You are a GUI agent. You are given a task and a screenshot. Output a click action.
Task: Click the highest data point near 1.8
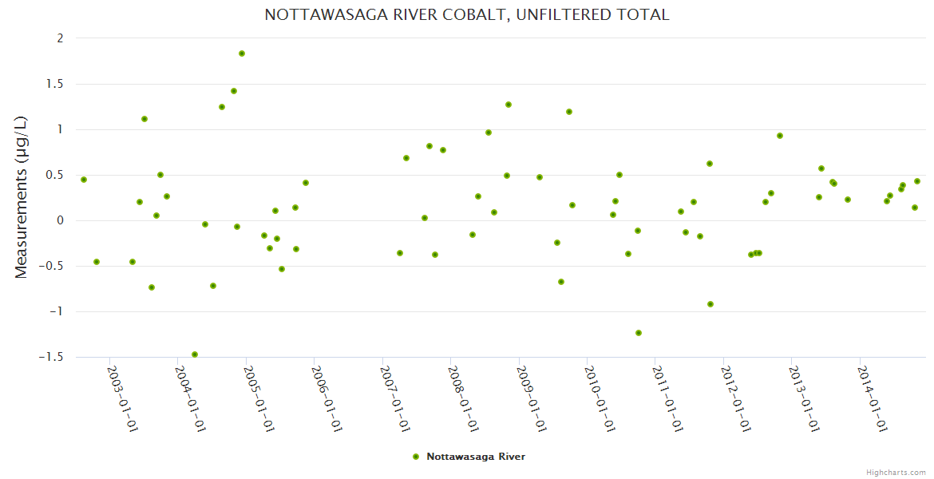click(242, 53)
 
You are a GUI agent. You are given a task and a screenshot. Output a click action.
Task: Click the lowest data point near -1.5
click(195, 354)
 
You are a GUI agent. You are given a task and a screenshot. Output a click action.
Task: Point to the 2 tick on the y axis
click(58, 38)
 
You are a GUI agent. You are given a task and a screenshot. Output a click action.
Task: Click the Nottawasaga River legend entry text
click(476, 457)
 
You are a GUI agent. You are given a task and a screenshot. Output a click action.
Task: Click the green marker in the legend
click(416, 457)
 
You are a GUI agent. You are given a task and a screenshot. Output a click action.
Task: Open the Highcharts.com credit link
click(896, 472)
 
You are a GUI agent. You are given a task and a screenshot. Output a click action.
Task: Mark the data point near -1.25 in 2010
click(639, 333)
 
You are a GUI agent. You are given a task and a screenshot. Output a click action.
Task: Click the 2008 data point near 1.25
click(509, 105)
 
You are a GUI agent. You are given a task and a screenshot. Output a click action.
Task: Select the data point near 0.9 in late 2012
click(780, 136)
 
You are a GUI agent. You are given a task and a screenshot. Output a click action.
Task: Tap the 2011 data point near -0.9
click(710, 304)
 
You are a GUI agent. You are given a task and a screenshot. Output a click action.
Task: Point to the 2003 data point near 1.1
click(144, 119)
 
